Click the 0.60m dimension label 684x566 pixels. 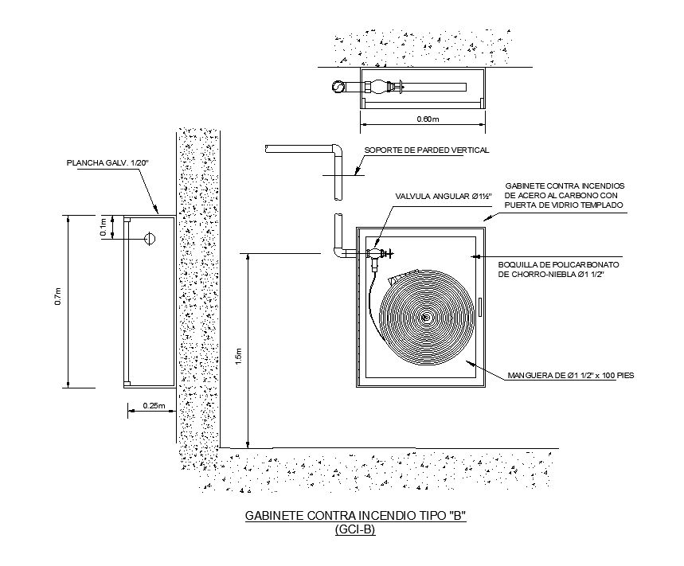428,119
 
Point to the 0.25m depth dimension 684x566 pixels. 154,406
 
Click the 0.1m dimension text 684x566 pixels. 104,227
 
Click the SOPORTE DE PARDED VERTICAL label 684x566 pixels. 426,150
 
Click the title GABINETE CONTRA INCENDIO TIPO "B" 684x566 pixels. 354,516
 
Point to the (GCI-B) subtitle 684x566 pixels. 355,530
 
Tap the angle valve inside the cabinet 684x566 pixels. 377,255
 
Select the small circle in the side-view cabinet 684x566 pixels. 148,238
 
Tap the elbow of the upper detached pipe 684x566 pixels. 337,150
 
